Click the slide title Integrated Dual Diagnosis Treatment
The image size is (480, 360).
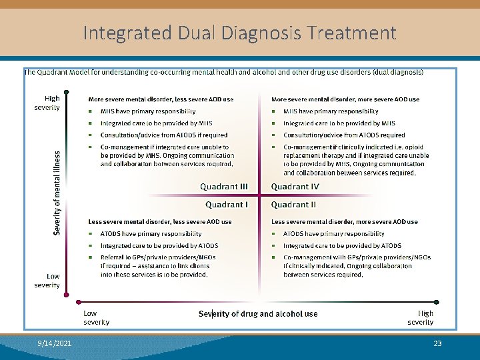pos(240,33)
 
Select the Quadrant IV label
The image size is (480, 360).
pos(295,187)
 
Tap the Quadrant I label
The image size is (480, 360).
pos(227,205)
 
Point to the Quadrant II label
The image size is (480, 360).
pos(294,205)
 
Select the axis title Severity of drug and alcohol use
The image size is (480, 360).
pos(258,314)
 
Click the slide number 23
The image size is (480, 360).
pos(438,344)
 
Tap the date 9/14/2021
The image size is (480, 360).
pos(55,344)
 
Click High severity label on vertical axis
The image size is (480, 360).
pos(47,103)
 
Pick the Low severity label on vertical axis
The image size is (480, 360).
pos(47,281)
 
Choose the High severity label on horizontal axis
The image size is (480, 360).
pos(421,318)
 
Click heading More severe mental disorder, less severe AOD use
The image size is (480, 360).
pos(161,99)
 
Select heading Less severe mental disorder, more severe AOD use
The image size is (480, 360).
pos(345,222)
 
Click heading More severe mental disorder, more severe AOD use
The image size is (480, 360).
pos(345,99)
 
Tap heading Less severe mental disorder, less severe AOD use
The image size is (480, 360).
pos(160,222)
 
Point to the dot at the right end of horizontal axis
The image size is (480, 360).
pos(437,302)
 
